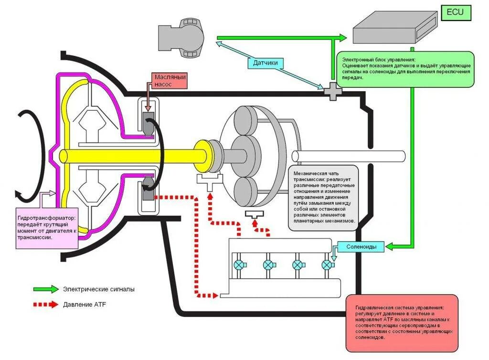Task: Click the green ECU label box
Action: tap(456, 13)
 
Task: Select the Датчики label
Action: tap(265, 63)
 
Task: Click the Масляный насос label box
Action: tap(170, 81)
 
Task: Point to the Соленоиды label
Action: tap(361, 247)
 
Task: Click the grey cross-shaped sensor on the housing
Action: tap(333, 92)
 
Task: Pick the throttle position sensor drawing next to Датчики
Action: tap(181, 38)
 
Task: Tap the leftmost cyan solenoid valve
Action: tap(240, 265)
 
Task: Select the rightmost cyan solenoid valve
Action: tap(327, 265)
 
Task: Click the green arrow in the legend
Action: tap(46, 289)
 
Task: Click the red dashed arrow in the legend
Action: tap(46, 304)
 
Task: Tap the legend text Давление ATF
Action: tap(84, 305)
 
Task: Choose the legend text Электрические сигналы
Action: tap(98, 289)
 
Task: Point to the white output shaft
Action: tap(348, 156)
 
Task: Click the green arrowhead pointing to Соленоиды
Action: tap(389, 246)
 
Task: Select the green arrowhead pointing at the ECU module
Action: tap(343, 38)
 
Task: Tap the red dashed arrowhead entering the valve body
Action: tap(215, 295)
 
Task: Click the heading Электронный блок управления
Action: tap(379, 60)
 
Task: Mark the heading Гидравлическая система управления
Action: tap(400, 308)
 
